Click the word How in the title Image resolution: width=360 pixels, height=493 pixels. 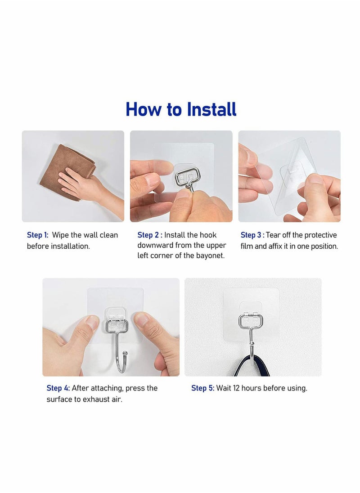click(141, 109)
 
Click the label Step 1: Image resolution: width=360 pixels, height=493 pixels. click(37, 235)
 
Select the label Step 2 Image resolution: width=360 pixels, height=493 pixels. click(148, 235)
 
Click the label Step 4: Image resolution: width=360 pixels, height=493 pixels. click(58, 388)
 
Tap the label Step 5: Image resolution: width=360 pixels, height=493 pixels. click(202, 388)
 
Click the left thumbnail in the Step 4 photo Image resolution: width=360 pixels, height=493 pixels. click(92, 322)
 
